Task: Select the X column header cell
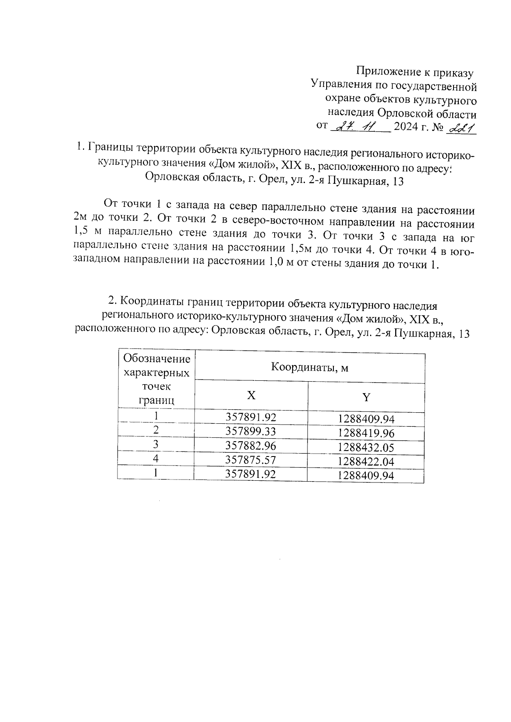[x=251, y=396]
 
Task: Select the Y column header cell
[x=366, y=397]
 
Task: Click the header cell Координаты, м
[x=310, y=367]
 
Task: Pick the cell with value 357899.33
[x=251, y=431]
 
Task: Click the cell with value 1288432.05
[x=366, y=448]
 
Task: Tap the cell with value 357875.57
[x=251, y=459]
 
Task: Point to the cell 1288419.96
[x=366, y=434]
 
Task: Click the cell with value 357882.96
[x=251, y=445]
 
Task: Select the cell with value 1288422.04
[x=366, y=462]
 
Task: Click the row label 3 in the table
[x=156, y=444]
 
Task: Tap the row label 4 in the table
[x=156, y=458]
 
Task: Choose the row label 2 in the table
[x=156, y=430]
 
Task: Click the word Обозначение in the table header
[x=156, y=359]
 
